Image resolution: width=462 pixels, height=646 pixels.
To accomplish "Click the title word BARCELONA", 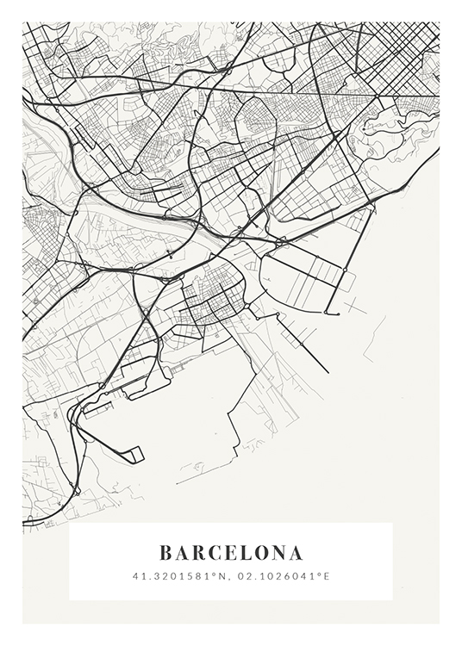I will pos(231,552).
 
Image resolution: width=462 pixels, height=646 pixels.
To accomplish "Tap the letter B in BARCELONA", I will pos(165,552).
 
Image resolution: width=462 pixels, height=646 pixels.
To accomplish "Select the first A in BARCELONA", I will pos(182,552).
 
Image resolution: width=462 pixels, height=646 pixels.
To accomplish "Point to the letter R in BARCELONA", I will pos(199,552).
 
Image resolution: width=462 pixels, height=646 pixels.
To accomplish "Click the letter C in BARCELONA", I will pos(216,552).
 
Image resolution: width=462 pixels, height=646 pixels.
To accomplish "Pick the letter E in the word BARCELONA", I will pos(232,552).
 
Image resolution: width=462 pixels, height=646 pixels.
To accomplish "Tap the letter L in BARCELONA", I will pos(247,552).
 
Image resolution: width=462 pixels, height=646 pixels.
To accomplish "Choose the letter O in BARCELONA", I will pos(263,552).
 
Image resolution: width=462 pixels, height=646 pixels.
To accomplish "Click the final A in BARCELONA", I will pos(297,552).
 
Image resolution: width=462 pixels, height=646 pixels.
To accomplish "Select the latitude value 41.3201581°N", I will pos(179,575).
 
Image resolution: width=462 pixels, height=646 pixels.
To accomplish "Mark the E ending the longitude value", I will pos(327,575).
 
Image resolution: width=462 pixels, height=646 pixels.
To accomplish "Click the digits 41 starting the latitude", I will pos(137,575).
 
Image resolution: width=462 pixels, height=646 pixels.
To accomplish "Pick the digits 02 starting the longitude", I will pos(242,575).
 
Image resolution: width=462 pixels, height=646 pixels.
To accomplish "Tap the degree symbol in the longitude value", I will pos(320,573).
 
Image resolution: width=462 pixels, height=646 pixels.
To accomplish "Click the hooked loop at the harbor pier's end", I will pos(135,454).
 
